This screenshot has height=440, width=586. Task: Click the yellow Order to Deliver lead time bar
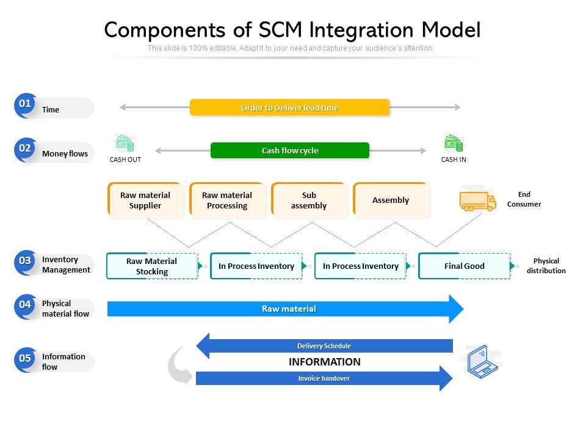point(289,108)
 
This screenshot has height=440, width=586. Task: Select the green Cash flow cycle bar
point(290,150)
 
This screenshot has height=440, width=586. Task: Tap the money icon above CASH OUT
point(125,144)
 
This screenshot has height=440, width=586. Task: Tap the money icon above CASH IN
point(454,144)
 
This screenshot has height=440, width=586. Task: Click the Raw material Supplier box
point(145,200)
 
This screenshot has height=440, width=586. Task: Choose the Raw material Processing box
point(227,200)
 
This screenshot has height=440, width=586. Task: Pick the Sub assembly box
point(309,200)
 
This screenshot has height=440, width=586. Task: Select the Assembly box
point(391,200)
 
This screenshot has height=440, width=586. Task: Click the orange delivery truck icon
point(477,201)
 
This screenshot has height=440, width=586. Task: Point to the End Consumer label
point(524,199)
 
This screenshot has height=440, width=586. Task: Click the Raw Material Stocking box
point(152,266)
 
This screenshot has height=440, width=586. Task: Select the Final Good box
point(464,266)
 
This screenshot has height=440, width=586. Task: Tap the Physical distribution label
point(546,266)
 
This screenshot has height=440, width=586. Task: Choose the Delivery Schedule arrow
point(324,346)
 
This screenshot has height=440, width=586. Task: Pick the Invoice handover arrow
point(324,378)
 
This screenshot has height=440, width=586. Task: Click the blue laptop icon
point(482,362)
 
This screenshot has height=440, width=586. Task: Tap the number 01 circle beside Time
point(25,104)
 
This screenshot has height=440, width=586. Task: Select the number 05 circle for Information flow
point(25,359)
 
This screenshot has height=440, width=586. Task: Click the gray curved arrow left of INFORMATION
point(179,365)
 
